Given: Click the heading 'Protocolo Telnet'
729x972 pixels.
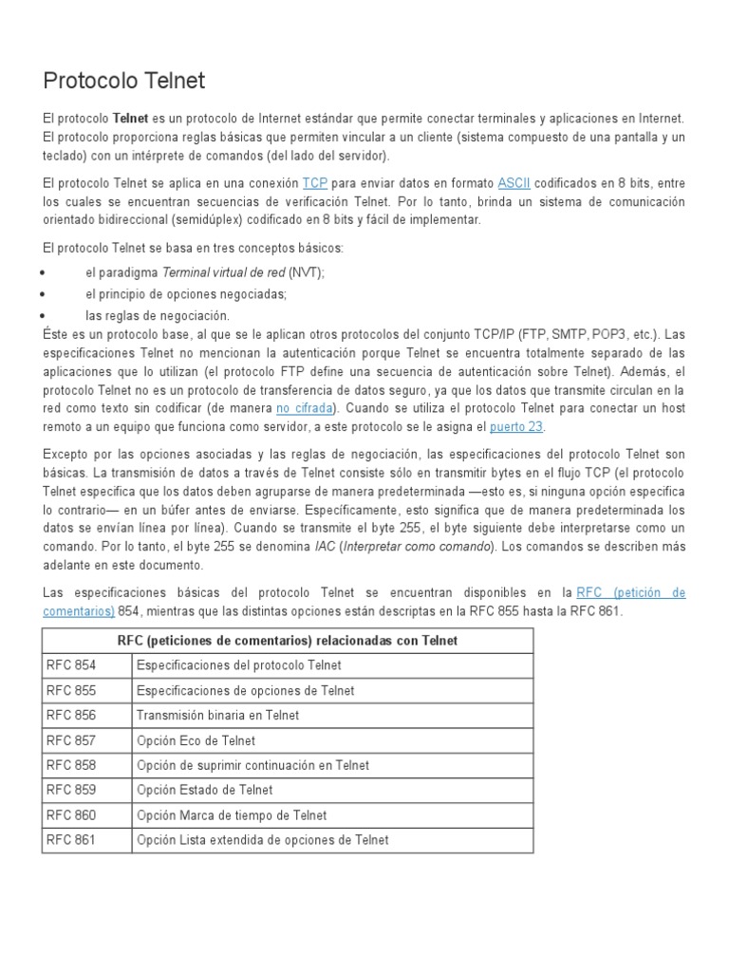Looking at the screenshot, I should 124,81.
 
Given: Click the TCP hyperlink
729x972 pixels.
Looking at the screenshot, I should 314,182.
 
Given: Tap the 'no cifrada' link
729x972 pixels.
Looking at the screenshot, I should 304,408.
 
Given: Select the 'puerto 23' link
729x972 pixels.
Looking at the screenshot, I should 516,427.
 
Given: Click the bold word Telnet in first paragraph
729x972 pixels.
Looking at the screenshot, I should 130,118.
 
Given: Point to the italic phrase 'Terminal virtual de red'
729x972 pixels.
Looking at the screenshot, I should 224,272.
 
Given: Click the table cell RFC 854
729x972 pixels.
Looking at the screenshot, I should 70,665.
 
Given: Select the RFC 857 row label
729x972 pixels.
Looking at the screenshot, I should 70,740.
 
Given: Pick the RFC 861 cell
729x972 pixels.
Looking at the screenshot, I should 70,840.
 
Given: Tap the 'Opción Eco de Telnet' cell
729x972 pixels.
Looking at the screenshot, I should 196,740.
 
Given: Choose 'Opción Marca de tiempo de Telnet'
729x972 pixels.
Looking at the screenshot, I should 232,815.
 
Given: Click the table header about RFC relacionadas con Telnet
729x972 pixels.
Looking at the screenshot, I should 287,641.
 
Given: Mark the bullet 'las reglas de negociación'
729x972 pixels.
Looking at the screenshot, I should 157,315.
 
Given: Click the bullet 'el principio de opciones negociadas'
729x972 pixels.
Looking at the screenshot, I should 186,294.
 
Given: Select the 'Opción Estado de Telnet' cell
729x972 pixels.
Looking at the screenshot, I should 204,790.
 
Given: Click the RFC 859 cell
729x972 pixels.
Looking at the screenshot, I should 70,790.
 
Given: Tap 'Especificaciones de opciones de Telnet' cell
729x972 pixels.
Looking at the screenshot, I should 245,691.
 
